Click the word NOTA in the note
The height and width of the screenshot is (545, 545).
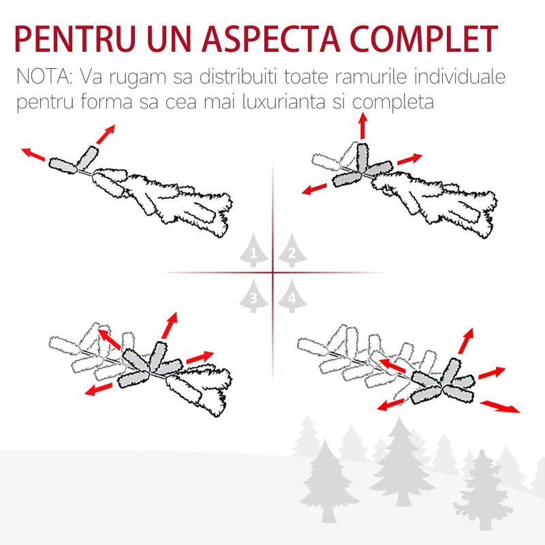pos(42,77)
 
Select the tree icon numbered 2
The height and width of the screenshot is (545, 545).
pos(292,253)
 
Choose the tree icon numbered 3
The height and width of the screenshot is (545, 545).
pos(254,296)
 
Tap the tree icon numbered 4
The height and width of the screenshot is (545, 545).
pos(292,296)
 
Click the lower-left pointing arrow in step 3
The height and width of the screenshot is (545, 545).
pos(99,389)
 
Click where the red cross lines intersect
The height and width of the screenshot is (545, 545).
pos(272,273)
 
